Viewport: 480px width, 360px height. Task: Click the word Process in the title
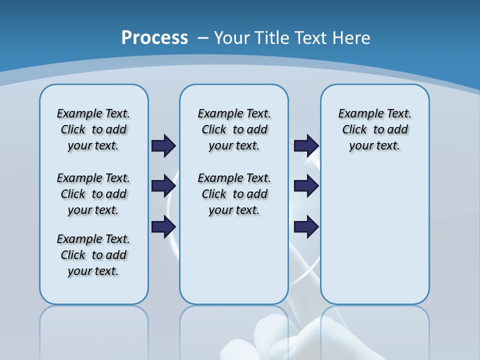154,38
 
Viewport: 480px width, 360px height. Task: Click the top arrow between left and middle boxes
163,145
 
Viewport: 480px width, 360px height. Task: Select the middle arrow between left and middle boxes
163,186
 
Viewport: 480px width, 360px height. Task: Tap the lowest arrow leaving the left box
163,226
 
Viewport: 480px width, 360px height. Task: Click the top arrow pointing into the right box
306,145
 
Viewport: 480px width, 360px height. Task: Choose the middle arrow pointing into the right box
306,186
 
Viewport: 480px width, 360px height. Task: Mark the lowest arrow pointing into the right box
306,226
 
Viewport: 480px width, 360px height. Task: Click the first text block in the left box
93,129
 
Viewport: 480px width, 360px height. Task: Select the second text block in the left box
93,194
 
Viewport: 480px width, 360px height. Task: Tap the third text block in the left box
93,255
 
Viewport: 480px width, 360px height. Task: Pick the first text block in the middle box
234,129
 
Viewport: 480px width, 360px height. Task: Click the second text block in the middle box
234,194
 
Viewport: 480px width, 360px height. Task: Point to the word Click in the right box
354,130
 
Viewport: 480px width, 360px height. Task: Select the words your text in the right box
374,146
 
